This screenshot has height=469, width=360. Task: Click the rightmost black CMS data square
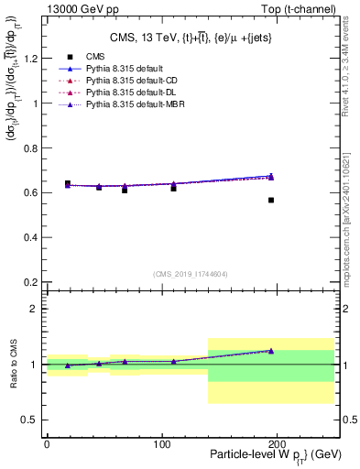[x=271, y=200]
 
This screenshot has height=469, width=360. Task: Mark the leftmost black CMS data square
[x=68, y=183]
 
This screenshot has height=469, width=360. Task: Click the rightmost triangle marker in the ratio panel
[x=271, y=350]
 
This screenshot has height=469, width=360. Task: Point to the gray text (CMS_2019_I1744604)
[x=190, y=275]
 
